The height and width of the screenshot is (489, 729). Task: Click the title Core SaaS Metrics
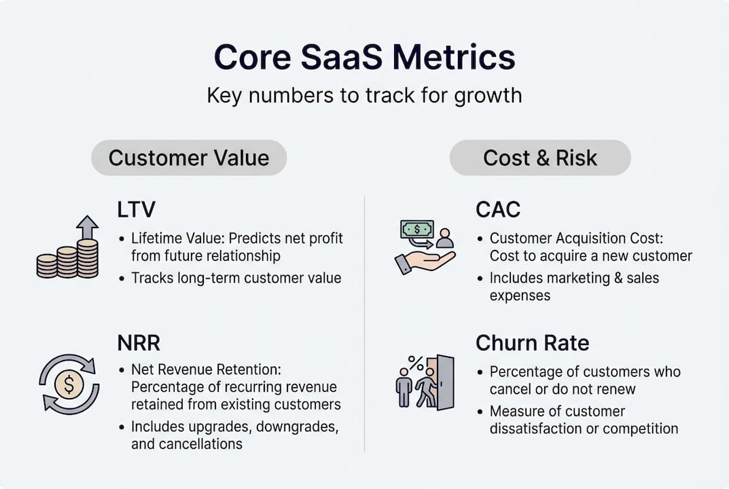pyautogui.click(x=364, y=58)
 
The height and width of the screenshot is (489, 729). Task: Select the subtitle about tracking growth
pyautogui.click(x=364, y=95)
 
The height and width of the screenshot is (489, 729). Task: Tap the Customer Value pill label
pyautogui.click(x=189, y=158)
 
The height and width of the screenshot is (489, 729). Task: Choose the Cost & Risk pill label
pyautogui.click(x=540, y=158)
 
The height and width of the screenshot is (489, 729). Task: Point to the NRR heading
pyautogui.click(x=139, y=343)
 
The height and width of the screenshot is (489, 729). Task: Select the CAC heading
pyautogui.click(x=498, y=209)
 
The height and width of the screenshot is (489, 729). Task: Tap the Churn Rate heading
pyautogui.click(x=532, y=343)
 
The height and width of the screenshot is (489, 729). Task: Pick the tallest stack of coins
pyautogui.click(x=87, y=258)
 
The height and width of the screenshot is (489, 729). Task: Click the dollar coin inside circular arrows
pyautogui.click(x=69, y=385)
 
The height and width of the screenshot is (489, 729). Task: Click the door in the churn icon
pyautogui.click(x=445, y=382)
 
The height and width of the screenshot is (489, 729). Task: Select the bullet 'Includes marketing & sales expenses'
pyautogui.click(x=574, y=287)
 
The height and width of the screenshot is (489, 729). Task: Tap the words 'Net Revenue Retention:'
pyautogui.click(x=205, y=371)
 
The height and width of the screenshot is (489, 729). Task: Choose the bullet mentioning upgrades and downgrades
pyautogui.click(x=234, y=435)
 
